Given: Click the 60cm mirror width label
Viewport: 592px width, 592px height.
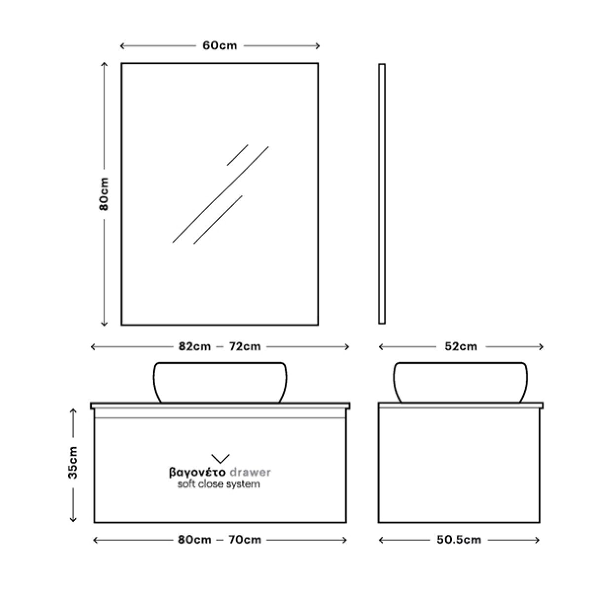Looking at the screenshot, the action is (x=220, y=46).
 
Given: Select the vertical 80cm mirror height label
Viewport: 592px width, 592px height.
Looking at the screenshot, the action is (x=104, y=194).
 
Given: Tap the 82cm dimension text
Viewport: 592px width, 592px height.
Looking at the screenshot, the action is (x=195, y=347).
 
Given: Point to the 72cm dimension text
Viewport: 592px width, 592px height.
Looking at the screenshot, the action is (x=245, y=347).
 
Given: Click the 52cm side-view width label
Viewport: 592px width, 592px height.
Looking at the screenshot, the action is (x=461, y=347).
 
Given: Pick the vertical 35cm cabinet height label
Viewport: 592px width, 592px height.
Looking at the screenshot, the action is (x=73, y=462).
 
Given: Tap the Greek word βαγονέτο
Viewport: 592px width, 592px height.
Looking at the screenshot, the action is (x=197, y=473).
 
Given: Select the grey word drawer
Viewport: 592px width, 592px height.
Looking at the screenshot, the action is (x=250, y=472).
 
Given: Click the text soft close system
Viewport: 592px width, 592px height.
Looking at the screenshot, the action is (x=219, y=484).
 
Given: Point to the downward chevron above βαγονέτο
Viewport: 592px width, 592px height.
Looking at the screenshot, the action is (x=220, y=458).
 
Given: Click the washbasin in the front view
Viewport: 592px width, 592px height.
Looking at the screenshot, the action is (x=220, y=382).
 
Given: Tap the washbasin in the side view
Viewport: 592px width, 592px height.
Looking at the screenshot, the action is (x=460, y=382).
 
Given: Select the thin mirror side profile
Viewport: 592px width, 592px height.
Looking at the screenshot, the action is (x=381, y=194).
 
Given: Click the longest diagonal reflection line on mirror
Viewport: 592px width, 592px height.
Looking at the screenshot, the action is (x=220, y=194).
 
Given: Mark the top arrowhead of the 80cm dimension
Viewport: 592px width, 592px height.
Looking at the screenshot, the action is (x=104, y=65).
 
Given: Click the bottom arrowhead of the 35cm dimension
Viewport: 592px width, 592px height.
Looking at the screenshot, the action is (x=73, y=519).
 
